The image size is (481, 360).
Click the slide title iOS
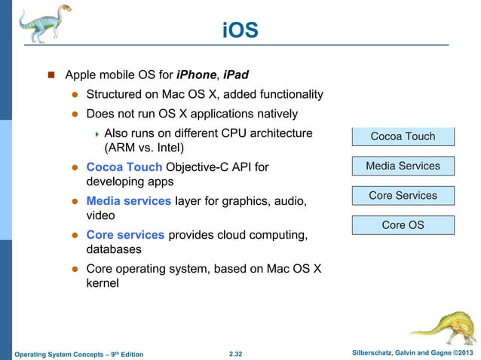click(x=240, y=30)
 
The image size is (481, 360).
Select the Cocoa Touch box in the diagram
click(x=403, y=136)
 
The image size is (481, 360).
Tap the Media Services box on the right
click(x=403, y=166)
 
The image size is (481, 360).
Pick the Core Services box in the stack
click(x=403, y=196)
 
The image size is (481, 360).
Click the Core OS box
click(x=403, y=224)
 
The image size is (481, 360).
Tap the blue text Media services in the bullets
click(x=129, y=201)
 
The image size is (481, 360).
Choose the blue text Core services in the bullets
click(x=125, y=235)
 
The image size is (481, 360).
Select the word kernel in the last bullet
click(x=103, y=285)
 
